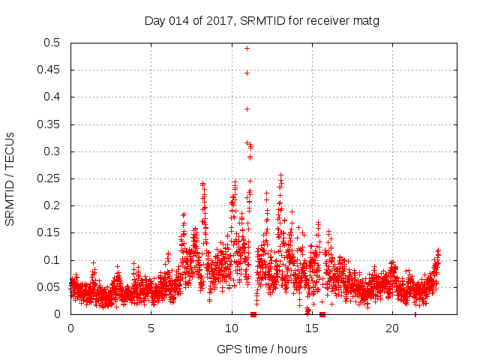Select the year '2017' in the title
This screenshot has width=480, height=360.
[221, 21]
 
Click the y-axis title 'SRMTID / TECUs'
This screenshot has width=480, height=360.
[10, 178]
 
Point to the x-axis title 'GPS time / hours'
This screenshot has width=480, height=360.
[262, 349]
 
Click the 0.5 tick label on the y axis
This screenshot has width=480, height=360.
[52, 43]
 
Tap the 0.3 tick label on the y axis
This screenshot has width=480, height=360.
[52, 151]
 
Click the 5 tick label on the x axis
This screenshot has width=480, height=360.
[151, 328]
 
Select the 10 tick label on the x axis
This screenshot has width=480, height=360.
[232, 328]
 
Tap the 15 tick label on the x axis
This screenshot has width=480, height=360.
[312, 328]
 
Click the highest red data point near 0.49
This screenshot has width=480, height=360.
[247, 48]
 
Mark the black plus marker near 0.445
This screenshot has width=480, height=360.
[247, 73]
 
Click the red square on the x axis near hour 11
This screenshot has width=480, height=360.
[253, 314]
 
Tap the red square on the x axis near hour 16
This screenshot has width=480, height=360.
[322, 314]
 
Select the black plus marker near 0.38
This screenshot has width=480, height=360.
[247, 109]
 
